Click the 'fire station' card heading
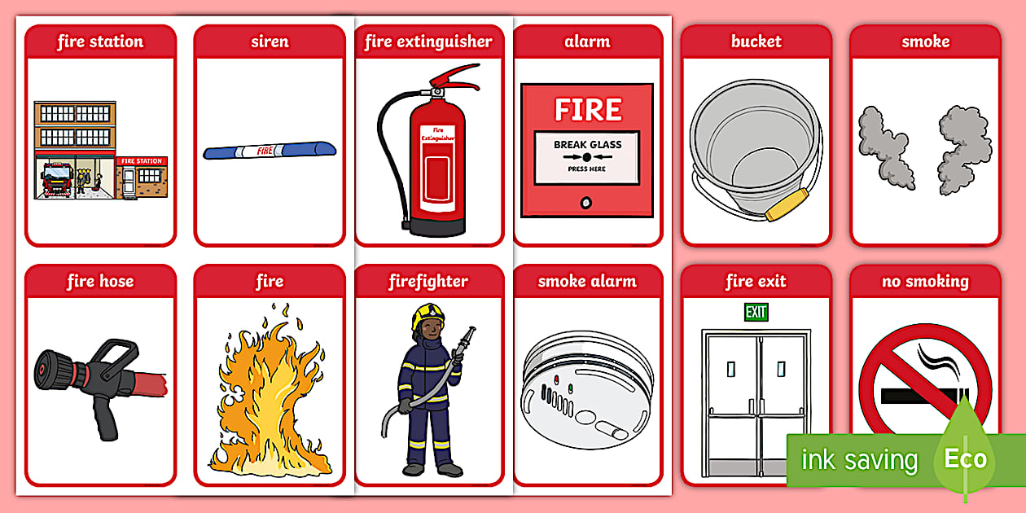100,42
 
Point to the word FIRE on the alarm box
587,109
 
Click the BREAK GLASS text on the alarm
587,145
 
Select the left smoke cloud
887,147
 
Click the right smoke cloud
959,151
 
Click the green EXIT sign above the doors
756,312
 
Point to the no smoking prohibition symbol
924,383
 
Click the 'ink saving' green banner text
859,460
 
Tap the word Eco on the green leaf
966,458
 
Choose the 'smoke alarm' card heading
587,282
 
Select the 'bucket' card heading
756,42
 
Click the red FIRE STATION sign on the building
141,161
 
